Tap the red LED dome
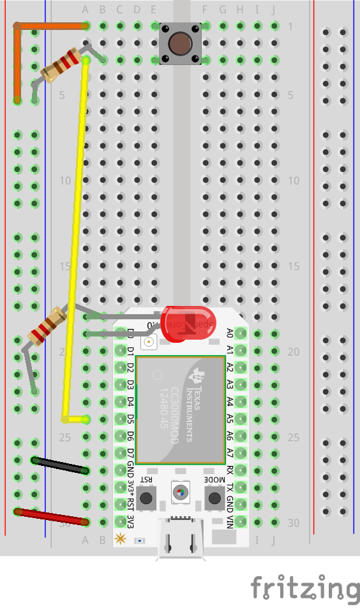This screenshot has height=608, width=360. coord(186,322)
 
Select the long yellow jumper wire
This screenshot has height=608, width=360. coord(75,242)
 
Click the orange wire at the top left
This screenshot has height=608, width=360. coord(51,26)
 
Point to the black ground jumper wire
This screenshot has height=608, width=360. coord(60,465)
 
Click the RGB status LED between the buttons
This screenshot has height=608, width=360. coord(180,492)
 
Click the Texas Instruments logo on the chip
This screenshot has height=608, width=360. coord(200,376)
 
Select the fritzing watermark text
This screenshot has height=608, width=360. coord(304,588)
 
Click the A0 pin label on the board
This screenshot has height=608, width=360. coord(230,332)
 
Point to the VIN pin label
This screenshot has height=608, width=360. coord(230,521)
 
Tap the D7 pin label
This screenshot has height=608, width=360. coord(130,453)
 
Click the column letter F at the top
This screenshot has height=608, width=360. coord(205,10)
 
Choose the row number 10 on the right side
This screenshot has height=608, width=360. coord(294,181)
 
